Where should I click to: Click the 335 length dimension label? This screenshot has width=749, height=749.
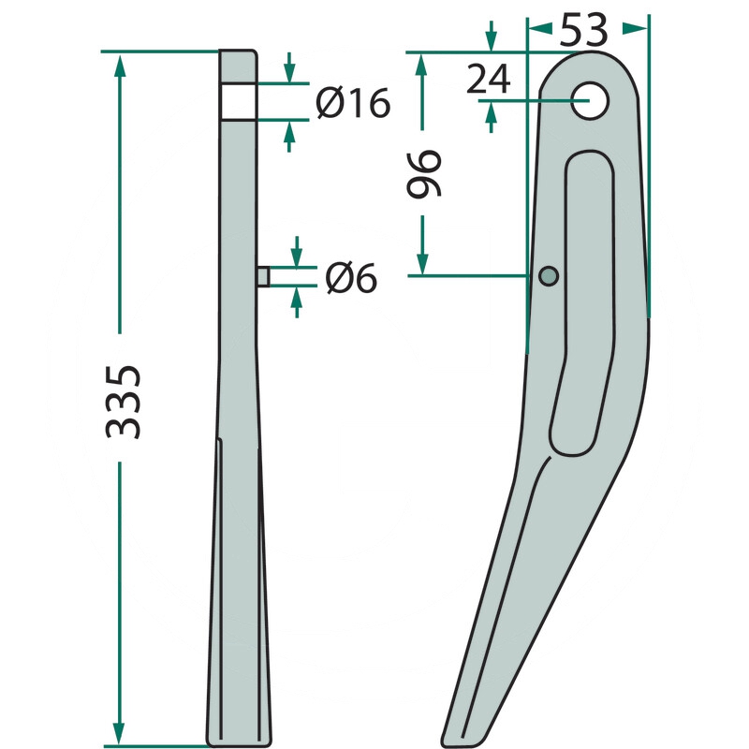[x=123, y=403]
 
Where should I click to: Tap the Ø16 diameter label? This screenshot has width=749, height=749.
[x=353, y=103]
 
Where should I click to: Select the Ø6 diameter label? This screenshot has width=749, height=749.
[x=351, y=278]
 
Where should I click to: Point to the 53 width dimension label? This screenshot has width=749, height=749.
[x=583, y=30]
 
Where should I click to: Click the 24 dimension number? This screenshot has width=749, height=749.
[x=488, y=80]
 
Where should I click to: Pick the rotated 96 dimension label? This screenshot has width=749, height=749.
[x=424, y=173]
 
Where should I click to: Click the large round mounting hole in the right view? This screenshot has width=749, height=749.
[x=590, y=101]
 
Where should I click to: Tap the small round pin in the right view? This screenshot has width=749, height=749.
[x=549, y=275]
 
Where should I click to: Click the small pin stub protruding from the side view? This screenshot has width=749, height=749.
[x=263, y=276]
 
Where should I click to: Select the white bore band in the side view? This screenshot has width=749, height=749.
[x=239, y=101]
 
